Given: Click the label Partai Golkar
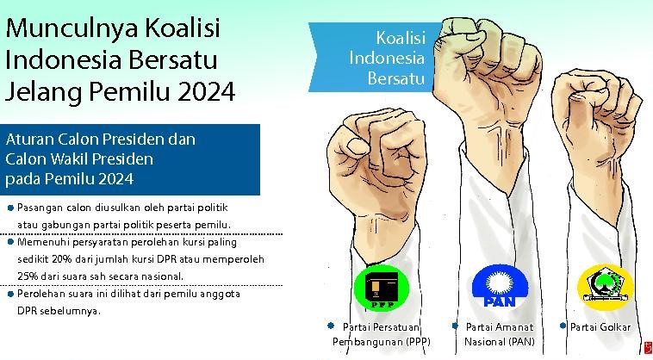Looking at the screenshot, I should (x=600, y=327).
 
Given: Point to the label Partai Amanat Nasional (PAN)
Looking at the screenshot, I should (x=499, y=334).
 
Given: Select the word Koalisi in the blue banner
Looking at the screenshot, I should (x=400, y=39).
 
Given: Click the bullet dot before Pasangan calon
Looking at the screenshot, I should (x=9, y=208).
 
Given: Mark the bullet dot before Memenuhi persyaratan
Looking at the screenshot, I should (x=9, y=242).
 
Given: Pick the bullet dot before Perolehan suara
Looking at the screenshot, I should (x=9, y=294).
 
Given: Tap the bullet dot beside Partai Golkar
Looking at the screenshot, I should (x=563, y=326).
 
